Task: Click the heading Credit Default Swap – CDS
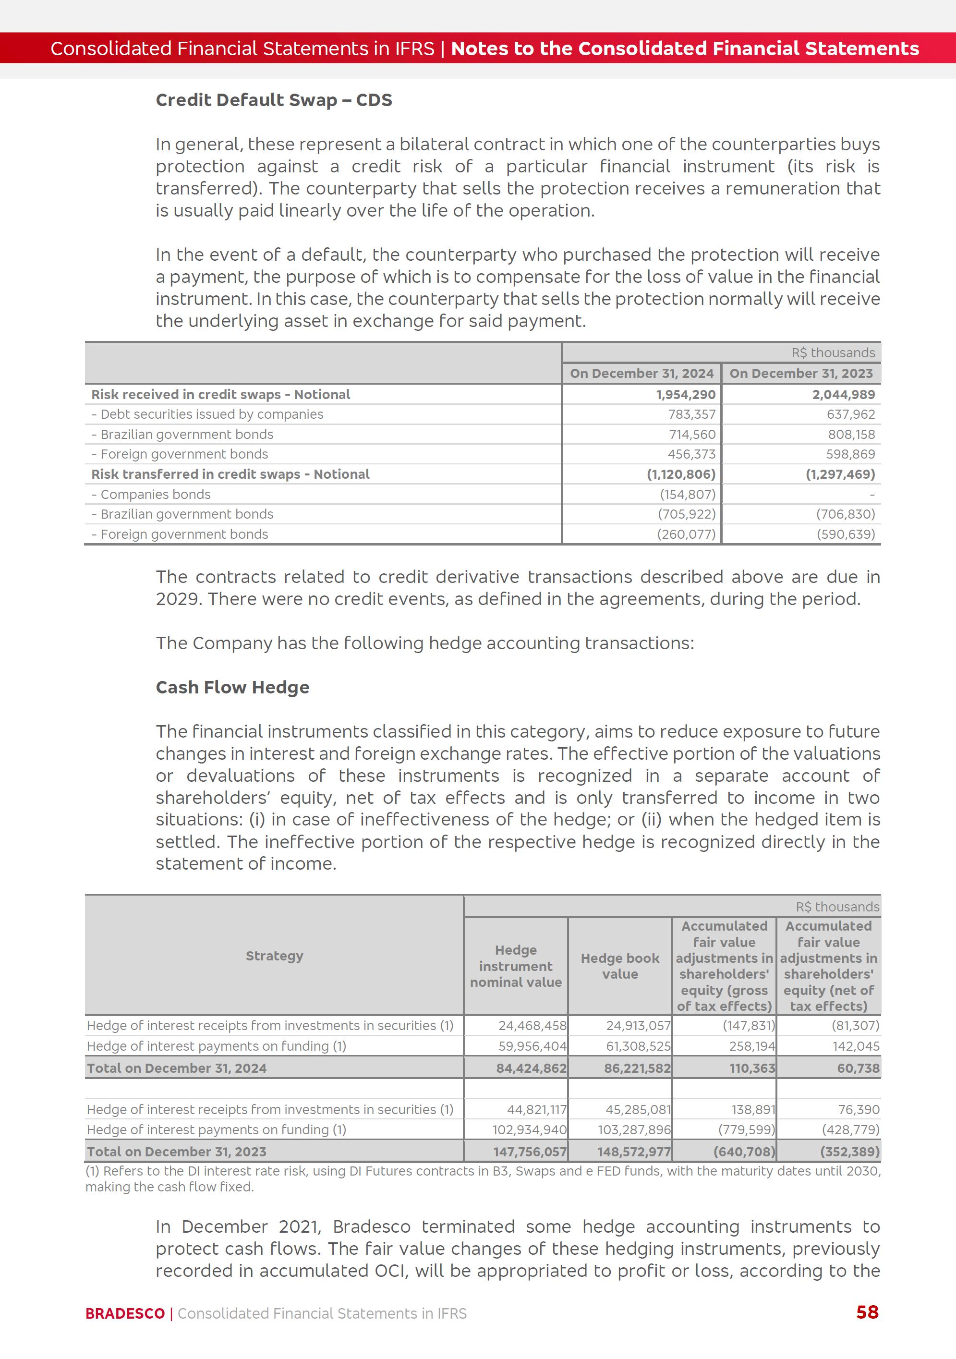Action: click(274, 100)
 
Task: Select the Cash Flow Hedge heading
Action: click(232, 687)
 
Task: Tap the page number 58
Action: click(867, 1312)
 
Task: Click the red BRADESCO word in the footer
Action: click(125, 1313)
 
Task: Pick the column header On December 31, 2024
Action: click(641, 374)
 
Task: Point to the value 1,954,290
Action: click(686, 395)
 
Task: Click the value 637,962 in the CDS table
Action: click(851, 414)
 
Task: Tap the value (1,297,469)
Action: click(840, 474)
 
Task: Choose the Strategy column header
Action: click(274, 956)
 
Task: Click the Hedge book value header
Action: click(620, 966)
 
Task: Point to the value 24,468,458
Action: click(532, 1026)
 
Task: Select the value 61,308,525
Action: click(638, 1046)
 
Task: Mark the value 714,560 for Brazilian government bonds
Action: click(692, 435)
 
